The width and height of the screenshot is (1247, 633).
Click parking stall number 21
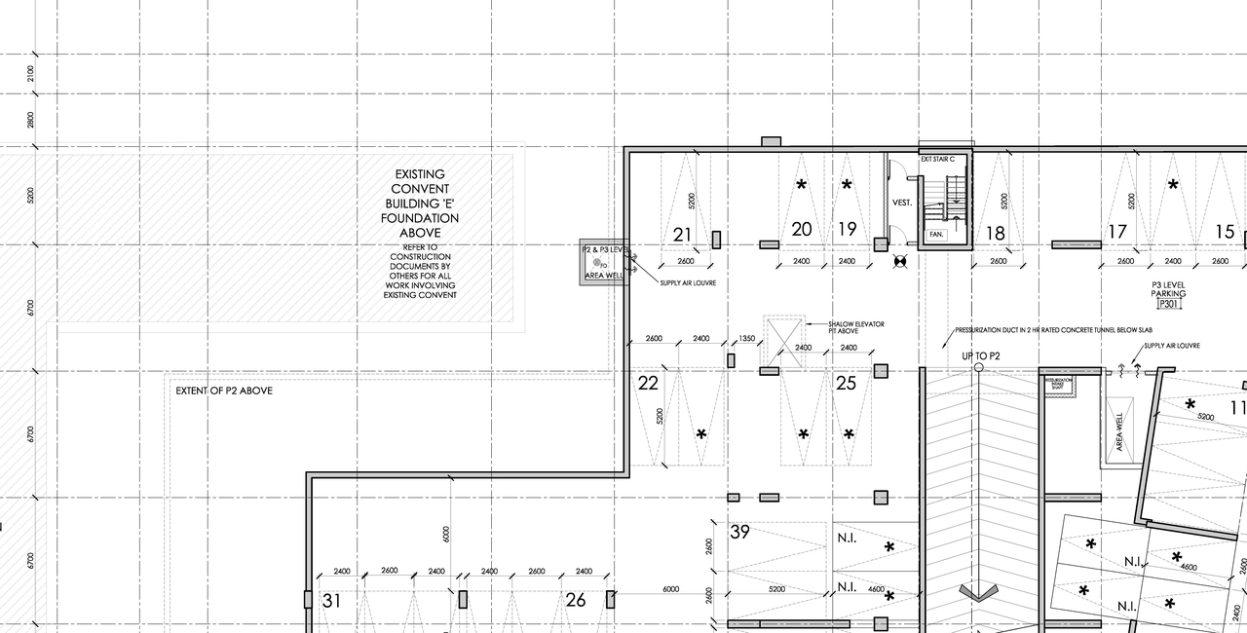[x=682, y=235]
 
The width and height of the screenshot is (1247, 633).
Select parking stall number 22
[x=648, y=384]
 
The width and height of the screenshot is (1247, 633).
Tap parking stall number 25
[x=846, y=384]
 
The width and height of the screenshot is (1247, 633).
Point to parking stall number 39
[x=740, y=532]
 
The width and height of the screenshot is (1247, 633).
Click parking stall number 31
[x=331, y=601]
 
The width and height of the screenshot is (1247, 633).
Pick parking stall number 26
[x=576, y=600]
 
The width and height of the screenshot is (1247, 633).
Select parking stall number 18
[x=995, y=234]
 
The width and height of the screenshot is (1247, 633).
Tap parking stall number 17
[x=1116, y=232]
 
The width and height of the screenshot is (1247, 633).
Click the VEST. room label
[x=902, y=203]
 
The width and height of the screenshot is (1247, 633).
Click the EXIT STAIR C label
[x=944, y=159]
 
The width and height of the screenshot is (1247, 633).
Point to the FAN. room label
[x=936, y=235]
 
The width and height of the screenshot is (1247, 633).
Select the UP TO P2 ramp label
[x=981, y=356]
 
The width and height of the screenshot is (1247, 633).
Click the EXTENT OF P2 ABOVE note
[x=224, y=391]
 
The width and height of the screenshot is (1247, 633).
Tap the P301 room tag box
[x=1168, y=304]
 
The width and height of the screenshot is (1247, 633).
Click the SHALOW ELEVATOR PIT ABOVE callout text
[x=856, y=327]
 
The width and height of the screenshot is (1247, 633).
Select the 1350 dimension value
[x=747, y=339]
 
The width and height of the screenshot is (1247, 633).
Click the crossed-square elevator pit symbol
[x=784, y=341]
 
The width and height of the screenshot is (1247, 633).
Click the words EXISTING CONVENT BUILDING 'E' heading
[x=420, y=203]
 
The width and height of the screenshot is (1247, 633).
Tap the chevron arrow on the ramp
[x=979, y=591]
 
